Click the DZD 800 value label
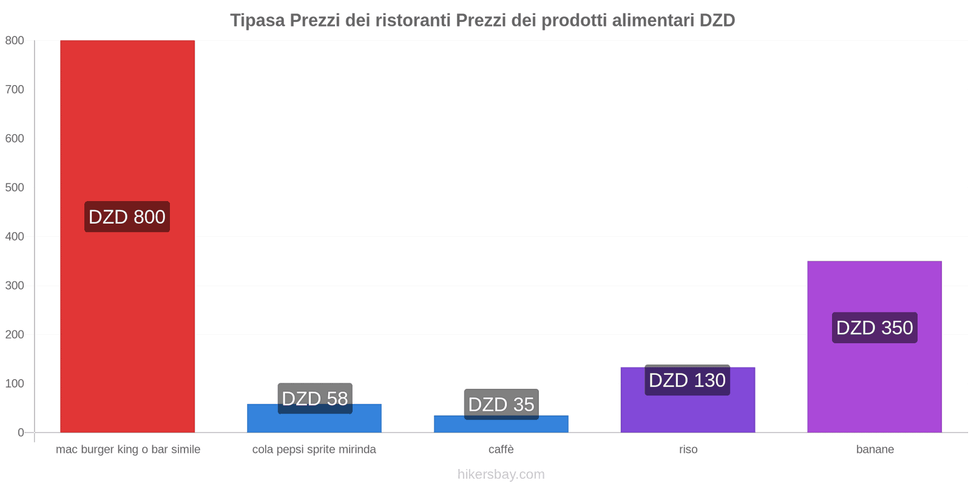pyautogui.click(x=127, y=217)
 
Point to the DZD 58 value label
pyautogui.click(x=315, y=399)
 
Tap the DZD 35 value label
pyautogui.click(x=501, y=405)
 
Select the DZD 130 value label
pyautogui.click(x=688, y=380)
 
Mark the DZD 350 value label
pyautogui.click(x=875, y=328)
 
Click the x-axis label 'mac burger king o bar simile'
pyautogui.click(x=128, y=450)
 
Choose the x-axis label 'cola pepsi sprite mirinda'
pyautogui.click(x=314, y=450)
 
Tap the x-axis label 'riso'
pyautogui.click(x=688, y=450)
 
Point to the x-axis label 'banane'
pyautogui.click(x=875, y=450)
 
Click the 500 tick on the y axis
pyautogui.click(x=15, y=188)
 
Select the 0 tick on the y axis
pyautogui.click(x=21, y=433)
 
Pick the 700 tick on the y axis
pyautogui.click(x=15, y=89)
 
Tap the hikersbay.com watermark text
pyautogui.click(x=501, y=474)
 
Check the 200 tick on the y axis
pyautogui.click(x=15, y=335)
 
